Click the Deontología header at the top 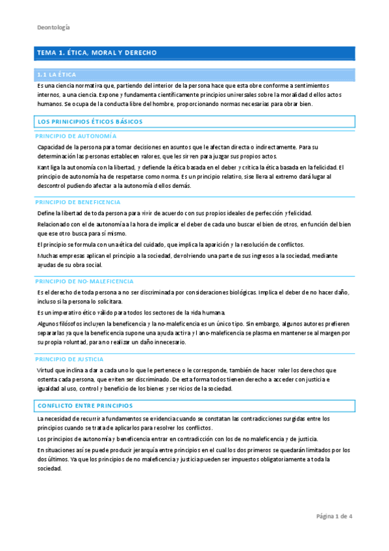(53, 27)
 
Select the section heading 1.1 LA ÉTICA (58, 75)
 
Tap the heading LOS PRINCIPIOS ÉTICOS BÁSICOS (90, 122)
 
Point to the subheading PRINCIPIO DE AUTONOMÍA (75, 136)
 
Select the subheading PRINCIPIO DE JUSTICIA (69, 359)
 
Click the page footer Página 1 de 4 (334, 517)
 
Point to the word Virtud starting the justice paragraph (45, 370)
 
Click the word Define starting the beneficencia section (46, 213)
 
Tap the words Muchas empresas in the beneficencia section (60, 256)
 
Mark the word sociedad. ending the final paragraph (50, 468)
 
